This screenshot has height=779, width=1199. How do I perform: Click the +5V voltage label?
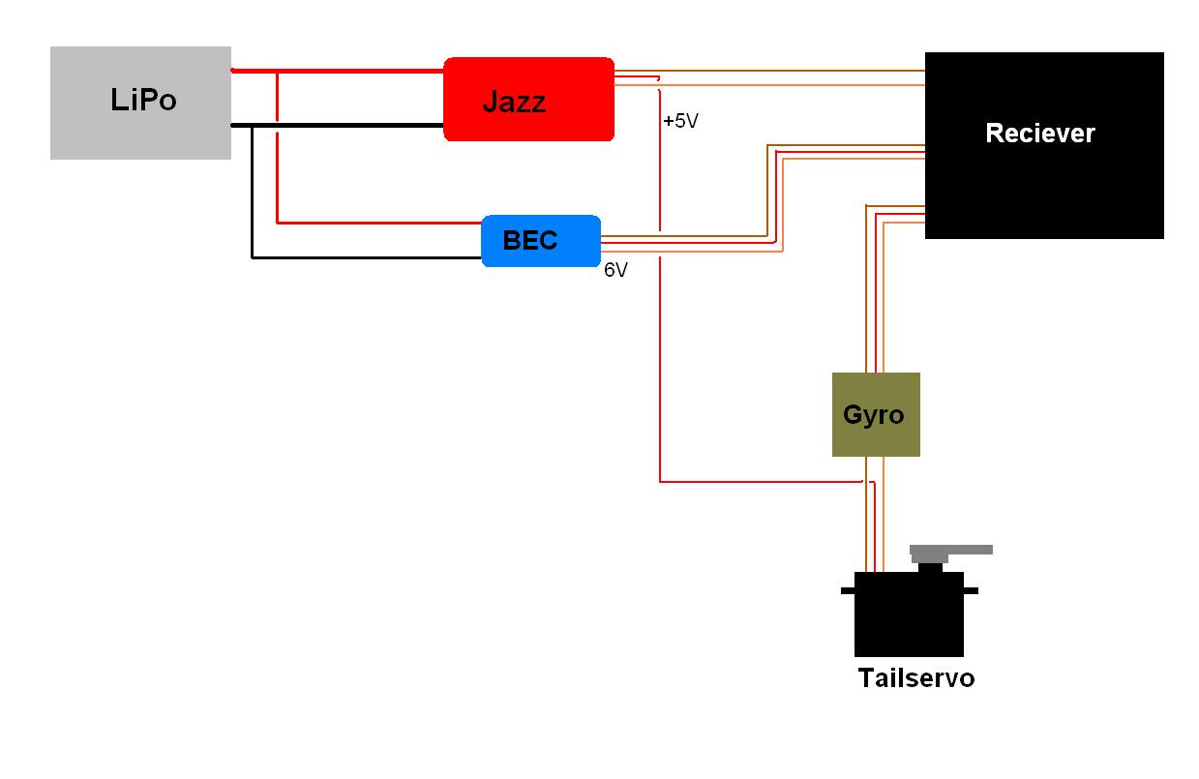point(680,122)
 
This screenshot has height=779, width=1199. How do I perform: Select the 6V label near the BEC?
point(615,271)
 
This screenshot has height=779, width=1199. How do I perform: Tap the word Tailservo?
point(915,678)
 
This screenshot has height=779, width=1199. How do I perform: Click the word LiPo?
point(143,100)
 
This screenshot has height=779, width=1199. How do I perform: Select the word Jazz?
point(514,102)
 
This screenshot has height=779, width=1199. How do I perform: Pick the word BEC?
point(530,240)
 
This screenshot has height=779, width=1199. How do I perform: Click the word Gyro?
point(873,415)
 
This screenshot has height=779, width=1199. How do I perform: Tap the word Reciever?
point(1039,134)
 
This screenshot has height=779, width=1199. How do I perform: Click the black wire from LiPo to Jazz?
point(348,126)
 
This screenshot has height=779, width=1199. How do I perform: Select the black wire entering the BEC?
point(368,257)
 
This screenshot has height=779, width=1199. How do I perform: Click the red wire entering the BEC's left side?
point(387,224)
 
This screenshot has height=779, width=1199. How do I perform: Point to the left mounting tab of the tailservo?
point(848,590)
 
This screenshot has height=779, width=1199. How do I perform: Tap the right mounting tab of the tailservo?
point(971,590)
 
